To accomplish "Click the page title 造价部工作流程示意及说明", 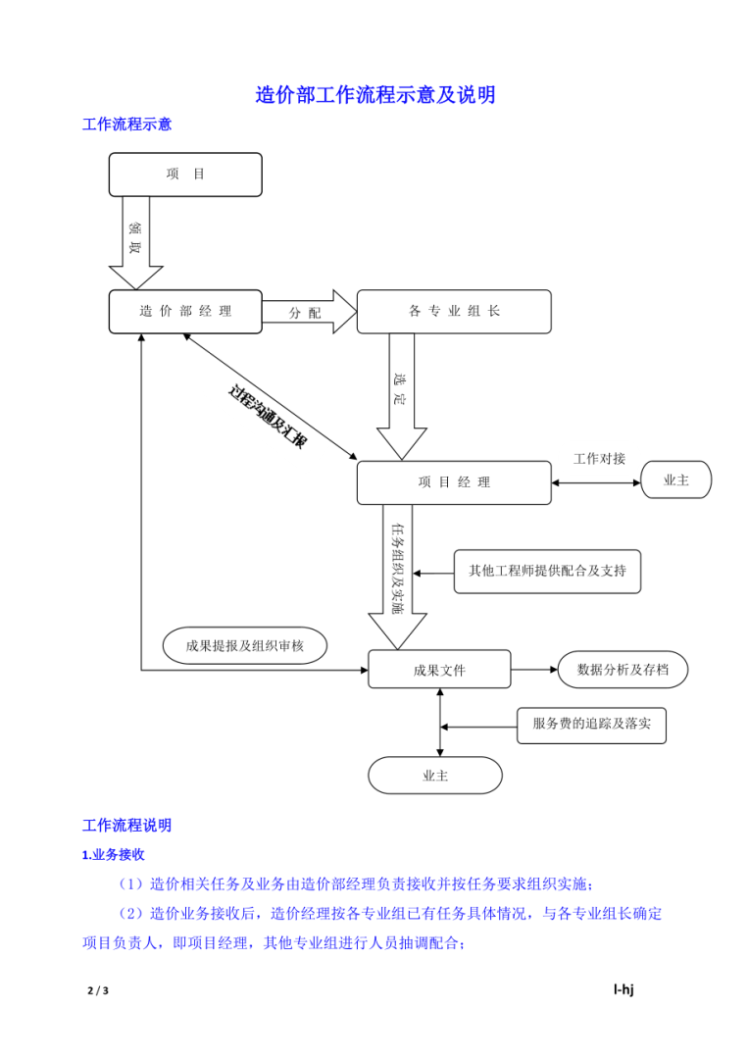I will (374, 95).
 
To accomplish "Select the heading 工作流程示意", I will (126, 125).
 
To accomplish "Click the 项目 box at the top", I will (185, 175).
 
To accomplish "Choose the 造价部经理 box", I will (185, 312).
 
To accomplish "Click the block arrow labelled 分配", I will (308, 312).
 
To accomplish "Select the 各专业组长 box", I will (453, 312).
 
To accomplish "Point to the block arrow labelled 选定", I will (402, 392).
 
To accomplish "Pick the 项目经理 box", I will (453, 482).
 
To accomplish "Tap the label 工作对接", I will (599, 459).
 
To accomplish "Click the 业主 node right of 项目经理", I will (675, 481).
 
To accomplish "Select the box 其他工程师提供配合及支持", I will (546, 571).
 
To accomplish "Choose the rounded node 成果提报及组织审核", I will (244, 646).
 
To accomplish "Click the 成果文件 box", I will (439, 670).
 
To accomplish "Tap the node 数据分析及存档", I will (623, 670).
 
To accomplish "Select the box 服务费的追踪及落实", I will (591, 726).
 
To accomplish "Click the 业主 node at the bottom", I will (435, 776).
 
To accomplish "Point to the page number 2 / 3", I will (97, 991).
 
